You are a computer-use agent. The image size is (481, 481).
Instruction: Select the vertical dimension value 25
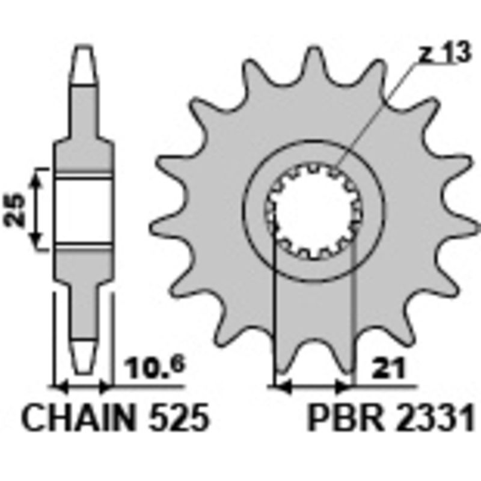[17, 209]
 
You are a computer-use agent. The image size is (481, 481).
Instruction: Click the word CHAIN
[78, 417]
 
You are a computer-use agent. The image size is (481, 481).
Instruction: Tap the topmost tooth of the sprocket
[312, 60]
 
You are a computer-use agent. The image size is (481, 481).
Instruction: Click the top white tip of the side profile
[84, 63]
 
